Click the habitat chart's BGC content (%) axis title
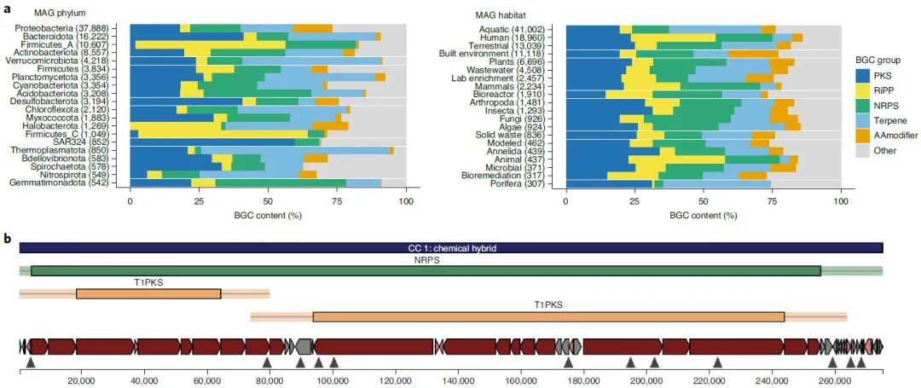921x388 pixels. pyautogui.click(x=703, y=216)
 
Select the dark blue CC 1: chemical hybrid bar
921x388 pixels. pyautogui.click(x=450, y=248)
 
